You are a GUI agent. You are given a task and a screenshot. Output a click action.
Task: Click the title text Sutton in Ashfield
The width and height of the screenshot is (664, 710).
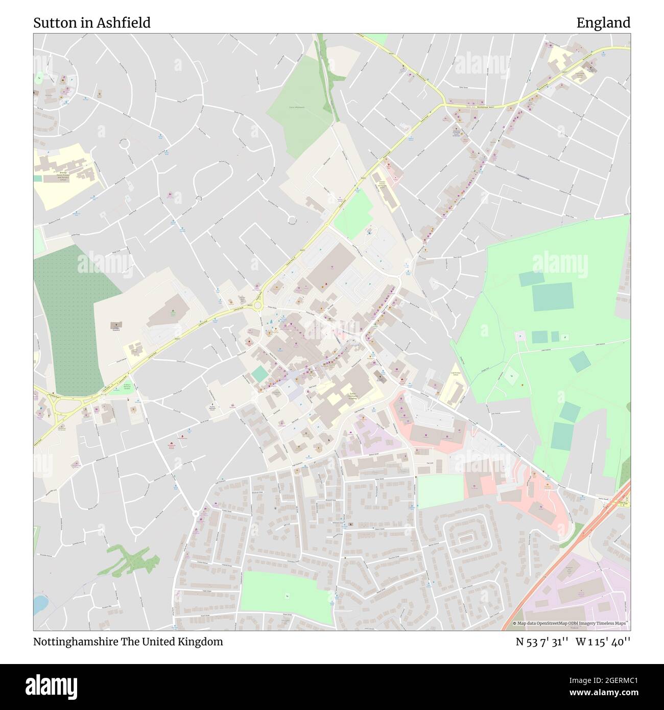(92, 22)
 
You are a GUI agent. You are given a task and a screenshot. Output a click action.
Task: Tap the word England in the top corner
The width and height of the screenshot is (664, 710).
(603, 22)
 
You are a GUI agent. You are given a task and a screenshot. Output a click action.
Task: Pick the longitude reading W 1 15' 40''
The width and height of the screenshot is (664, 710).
(603, 642)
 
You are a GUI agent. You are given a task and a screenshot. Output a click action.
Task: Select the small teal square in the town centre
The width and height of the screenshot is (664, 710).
(259, 374)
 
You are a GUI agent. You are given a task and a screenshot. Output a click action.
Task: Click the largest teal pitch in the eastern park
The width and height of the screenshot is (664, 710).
(553, 297)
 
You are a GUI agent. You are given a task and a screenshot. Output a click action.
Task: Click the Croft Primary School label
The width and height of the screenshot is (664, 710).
(455, 374)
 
